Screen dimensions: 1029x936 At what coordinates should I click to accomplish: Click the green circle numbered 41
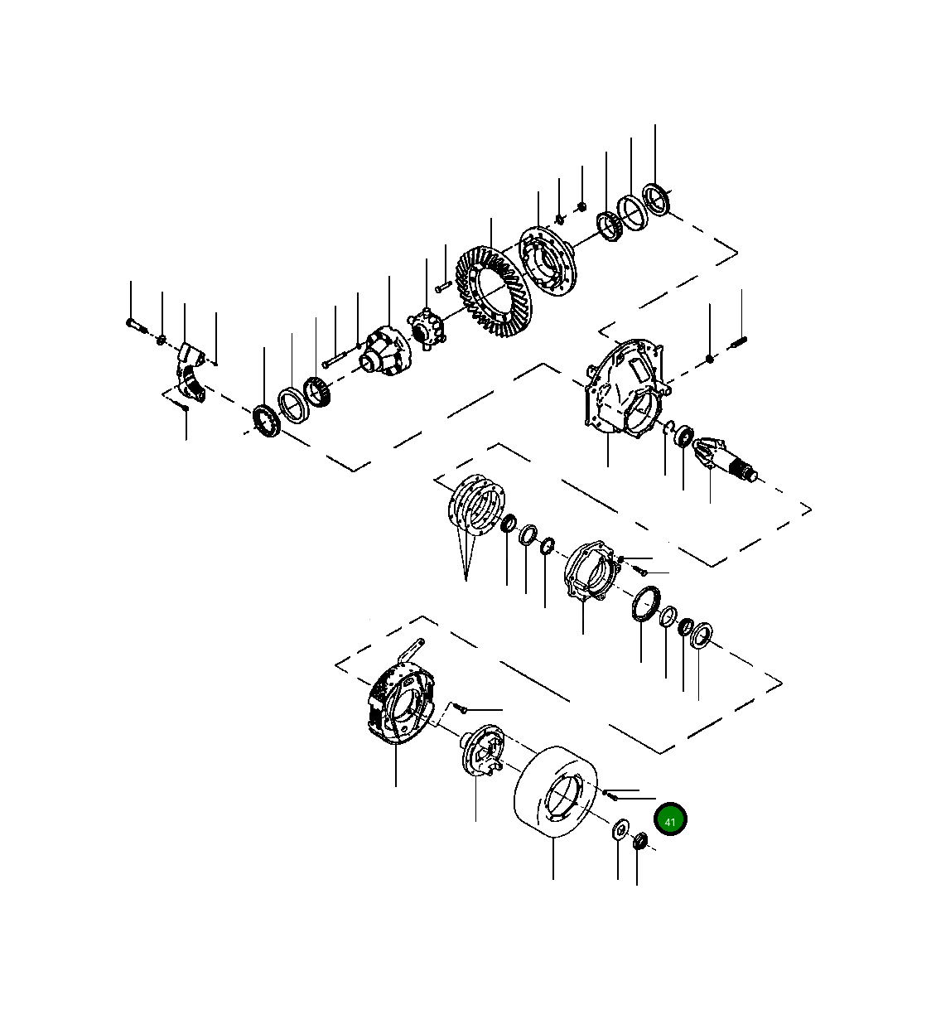670,820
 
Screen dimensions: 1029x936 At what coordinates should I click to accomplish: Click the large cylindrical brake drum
556,795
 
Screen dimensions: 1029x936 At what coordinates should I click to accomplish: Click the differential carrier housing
623,388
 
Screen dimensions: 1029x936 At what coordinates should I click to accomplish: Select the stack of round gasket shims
477,505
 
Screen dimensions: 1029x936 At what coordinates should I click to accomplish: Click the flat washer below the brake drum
618,830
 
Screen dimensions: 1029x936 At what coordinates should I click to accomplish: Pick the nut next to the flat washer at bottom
639,843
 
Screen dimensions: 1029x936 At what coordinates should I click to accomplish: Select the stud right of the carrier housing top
740,339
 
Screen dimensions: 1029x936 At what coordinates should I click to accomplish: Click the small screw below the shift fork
185,407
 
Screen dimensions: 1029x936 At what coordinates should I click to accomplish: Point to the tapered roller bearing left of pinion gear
685,436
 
